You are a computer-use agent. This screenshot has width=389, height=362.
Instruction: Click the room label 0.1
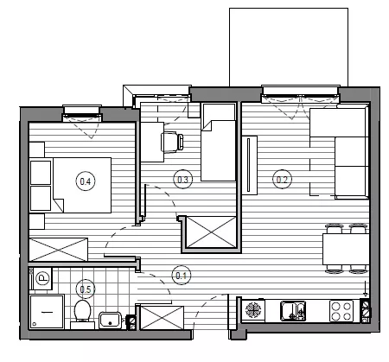[182, 276]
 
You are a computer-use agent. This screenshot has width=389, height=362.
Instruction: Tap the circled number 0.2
[282, 180]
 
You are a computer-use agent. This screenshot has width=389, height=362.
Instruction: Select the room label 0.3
[182, 180]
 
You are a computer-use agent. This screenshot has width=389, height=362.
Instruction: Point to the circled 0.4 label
[86, 181]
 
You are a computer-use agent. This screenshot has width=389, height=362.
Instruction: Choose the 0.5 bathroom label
[86, 289]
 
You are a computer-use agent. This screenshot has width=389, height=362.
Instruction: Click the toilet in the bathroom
[82, 314]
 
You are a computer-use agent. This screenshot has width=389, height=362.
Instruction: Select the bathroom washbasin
[111, 321]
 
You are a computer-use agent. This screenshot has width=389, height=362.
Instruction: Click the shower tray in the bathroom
[47, 311]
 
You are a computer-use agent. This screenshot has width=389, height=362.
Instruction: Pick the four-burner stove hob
[341, 310]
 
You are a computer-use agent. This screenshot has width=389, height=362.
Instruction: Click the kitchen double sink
[293, 310]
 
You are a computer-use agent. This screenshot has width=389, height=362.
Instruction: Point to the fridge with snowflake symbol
[253, 310]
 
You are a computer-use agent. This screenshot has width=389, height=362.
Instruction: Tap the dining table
[346, 249]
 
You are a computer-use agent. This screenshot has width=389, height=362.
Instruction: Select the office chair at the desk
[172, 143]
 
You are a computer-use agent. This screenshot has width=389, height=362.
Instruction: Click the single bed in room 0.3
[218, 142]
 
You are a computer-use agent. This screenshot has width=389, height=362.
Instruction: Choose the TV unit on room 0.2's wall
[250, 165]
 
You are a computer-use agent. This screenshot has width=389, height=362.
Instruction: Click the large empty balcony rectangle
[289, 47]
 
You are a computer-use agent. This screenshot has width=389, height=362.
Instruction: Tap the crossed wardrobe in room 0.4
[58, 250]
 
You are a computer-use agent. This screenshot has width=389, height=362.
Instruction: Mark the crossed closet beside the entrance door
[162, 318]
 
